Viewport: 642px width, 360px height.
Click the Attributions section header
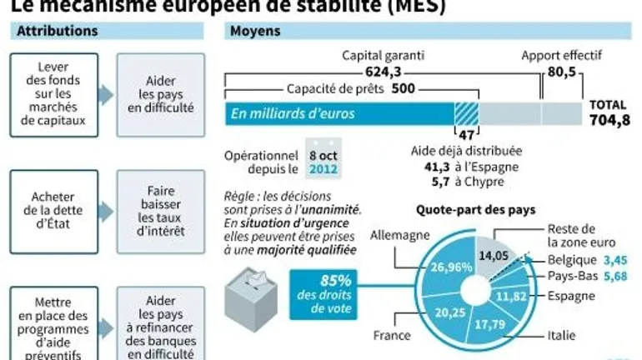[x=58, y=32]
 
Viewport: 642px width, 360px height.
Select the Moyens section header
[x=255, y=32]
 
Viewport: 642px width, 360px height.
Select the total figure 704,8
[x=609, y=121]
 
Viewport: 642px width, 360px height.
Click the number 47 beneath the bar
[x=467, y=133]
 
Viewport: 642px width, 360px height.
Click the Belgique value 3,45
[x=615, y=261]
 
